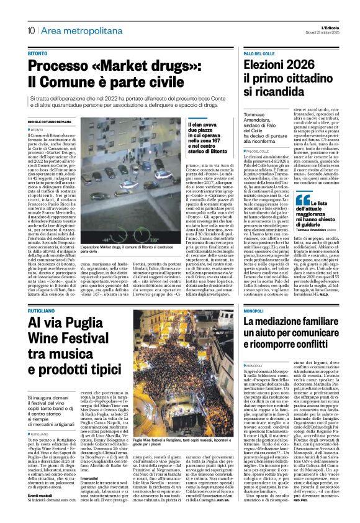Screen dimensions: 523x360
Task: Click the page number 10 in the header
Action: [x=30, y=30]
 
